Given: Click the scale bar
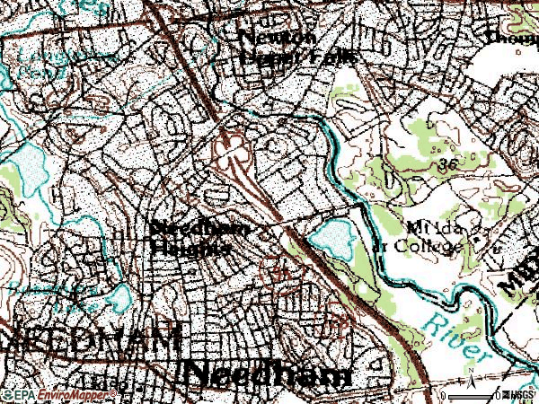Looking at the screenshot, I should [472, 394].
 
